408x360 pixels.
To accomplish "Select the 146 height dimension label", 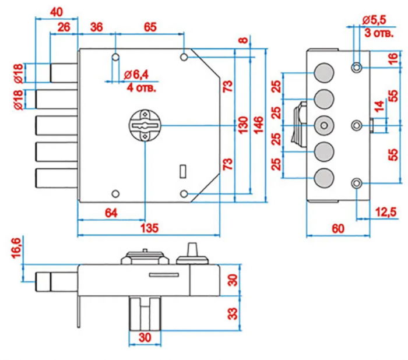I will click(258, 124).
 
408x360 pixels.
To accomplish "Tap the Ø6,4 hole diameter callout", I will click(138, 75).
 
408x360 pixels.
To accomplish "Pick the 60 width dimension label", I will click(337, 227).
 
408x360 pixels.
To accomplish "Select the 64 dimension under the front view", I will click(111, 212).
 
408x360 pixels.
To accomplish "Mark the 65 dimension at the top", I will click(150, 26).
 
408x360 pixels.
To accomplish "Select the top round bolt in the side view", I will click(323, 72).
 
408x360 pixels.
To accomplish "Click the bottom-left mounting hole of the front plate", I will click(115, 195).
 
